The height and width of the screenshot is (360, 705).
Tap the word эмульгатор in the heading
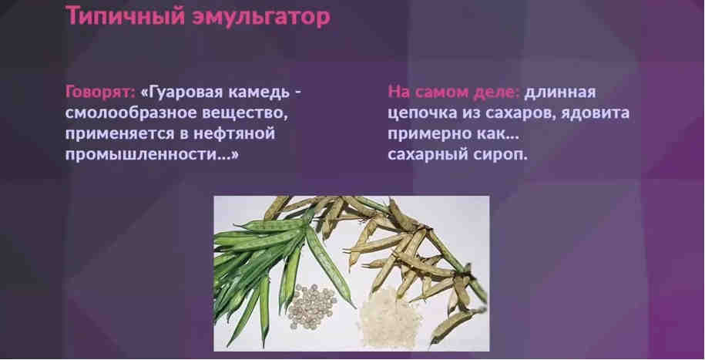pos(260,17)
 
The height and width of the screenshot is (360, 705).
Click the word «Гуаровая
pos(180,93)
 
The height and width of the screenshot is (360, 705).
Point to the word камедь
pos(260,93)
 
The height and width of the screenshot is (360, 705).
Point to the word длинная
pos(562,93)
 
